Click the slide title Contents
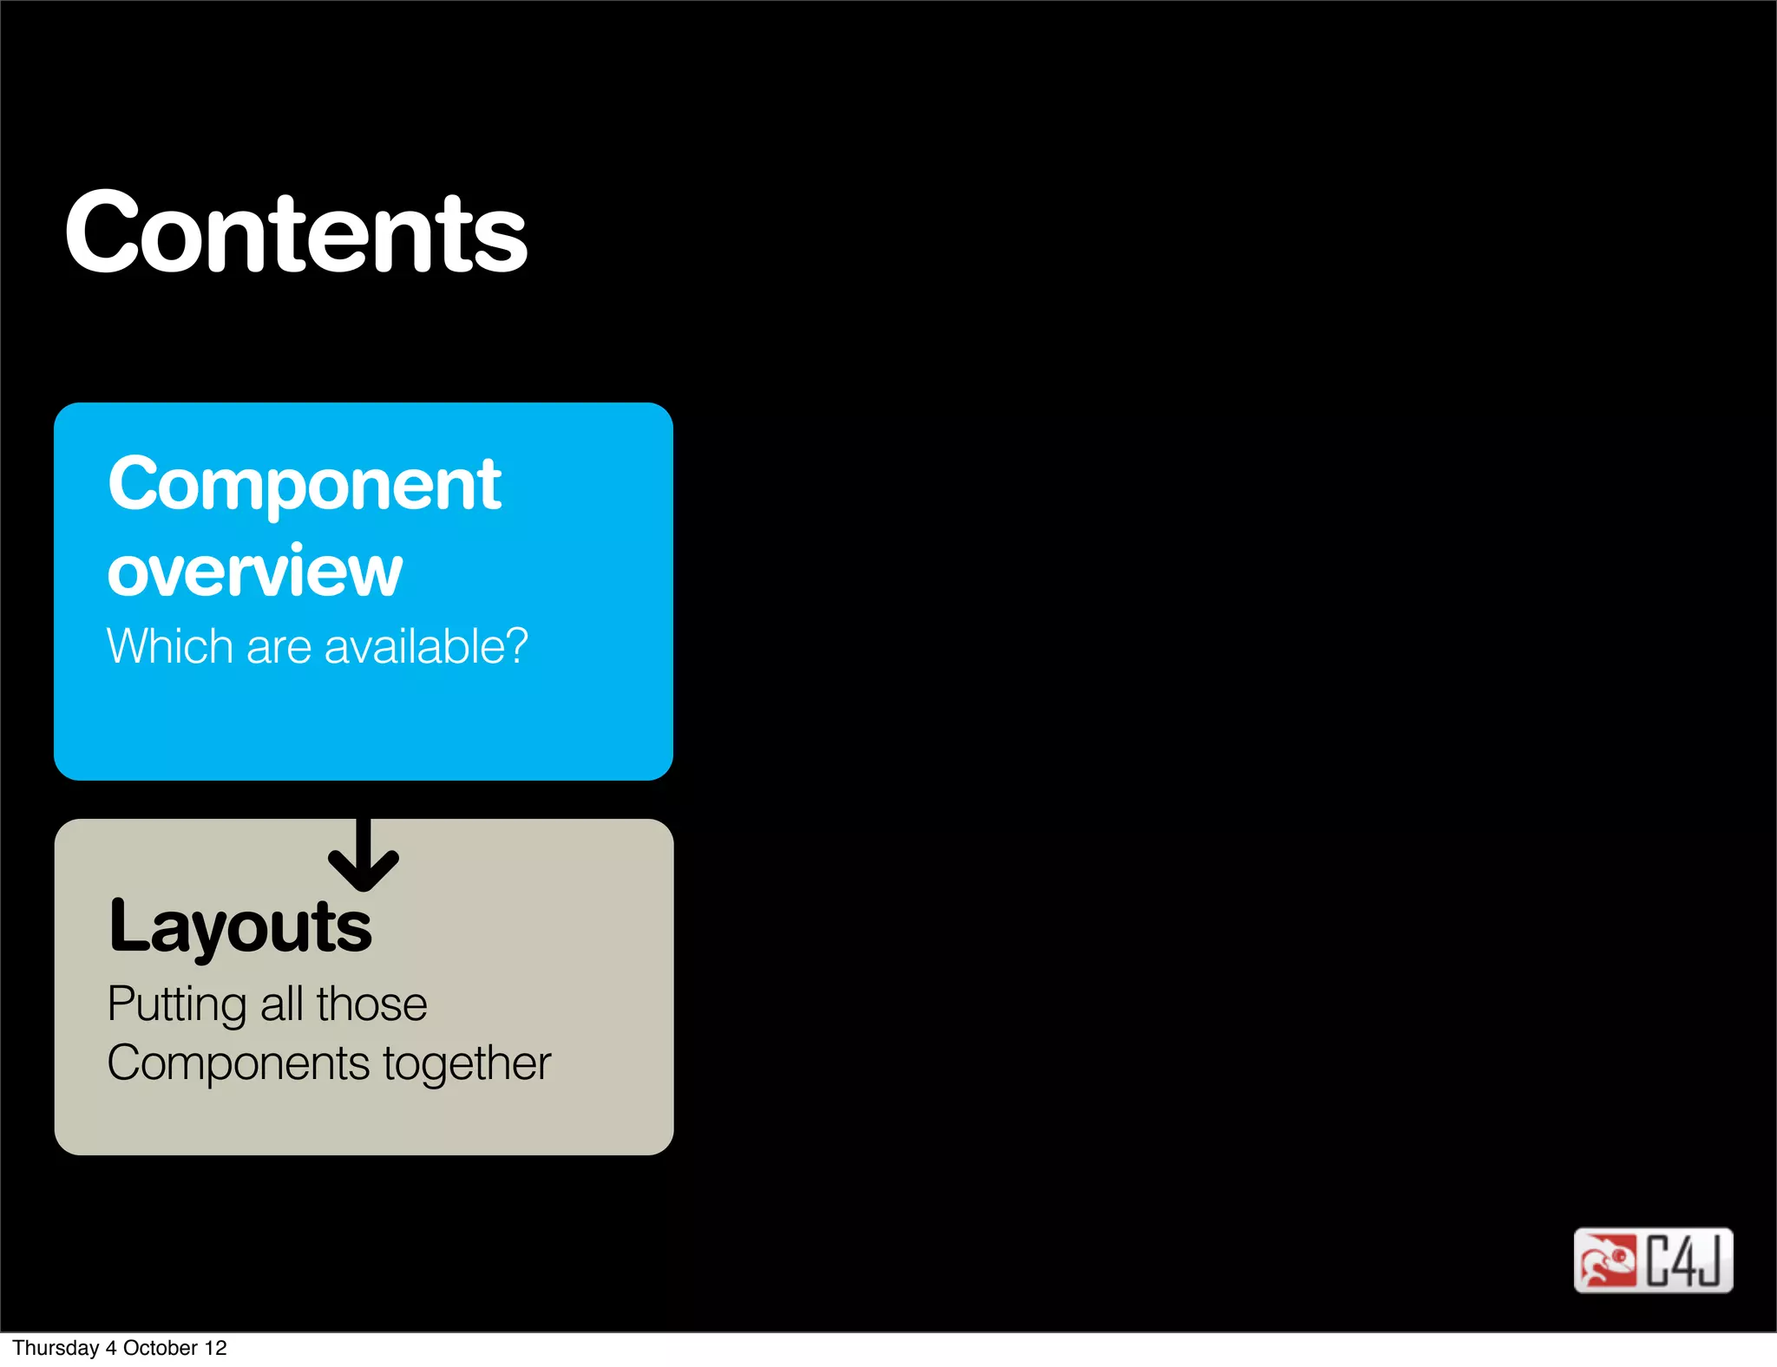296,232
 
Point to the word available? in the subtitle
426,646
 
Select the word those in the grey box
371,1004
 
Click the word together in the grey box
467,1064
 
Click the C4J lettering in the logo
1683,1260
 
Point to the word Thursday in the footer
56,1348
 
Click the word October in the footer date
161,1348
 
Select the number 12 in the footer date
215,1348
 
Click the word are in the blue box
279,647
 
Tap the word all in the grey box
282,1004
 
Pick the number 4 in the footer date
111,1348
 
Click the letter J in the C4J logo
1708,1260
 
